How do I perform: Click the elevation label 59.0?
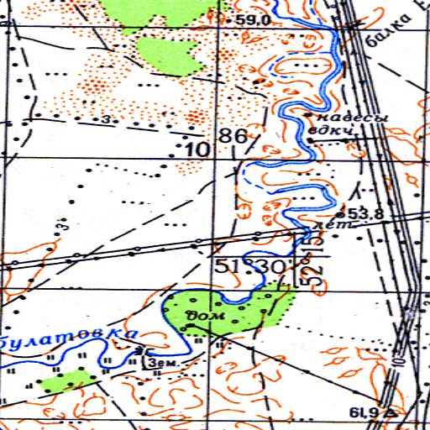click(251, 20)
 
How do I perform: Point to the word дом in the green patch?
click(203, 316)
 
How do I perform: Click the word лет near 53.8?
click(324, 226)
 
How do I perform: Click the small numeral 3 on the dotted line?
click(107, 120)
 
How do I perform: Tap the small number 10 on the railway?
click(401, 359)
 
